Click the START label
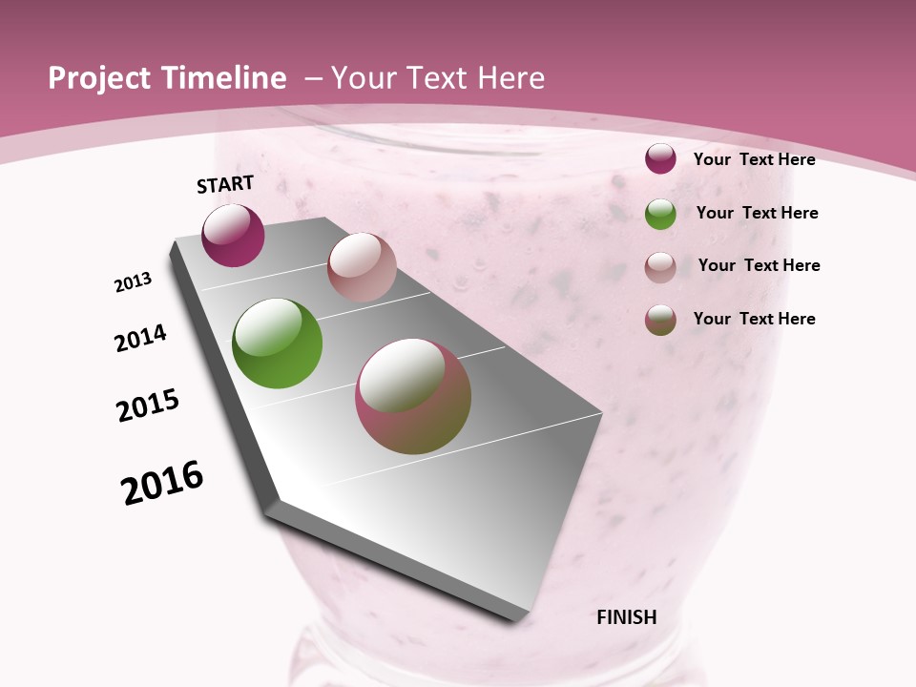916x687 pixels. pyautogui.click(x=225, y=184)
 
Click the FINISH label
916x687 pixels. pyautogui.click(x=627, y=617)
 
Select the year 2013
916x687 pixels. pyautogui.click(x=134, y=282)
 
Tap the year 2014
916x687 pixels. pyautogui.click(x=141, y=339)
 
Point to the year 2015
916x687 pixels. pyautogui.click(x=148, y=406)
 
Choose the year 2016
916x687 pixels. pyautogui.click(x=162, y=483)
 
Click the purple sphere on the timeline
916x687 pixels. pyautogui.click(x=233, y=235)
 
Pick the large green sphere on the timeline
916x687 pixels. pyautogui.click(x=278, y=343)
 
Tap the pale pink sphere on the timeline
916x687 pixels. pyautogui.click(x=362, y=267)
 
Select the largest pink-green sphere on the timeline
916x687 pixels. pyautogui.click(x=413, y=396)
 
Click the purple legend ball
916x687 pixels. pyautogui.click(x=660, y=159)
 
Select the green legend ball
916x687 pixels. pyautogui.click(x=660, y=214)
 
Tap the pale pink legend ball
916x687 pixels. pyautogui.click(x=660, y=267)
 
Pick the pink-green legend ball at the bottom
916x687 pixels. pyautogui.click(x=660, y=320)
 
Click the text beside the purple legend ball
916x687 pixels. pyautogui.click(x=754, y=159)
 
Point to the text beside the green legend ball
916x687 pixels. pyautogui.click(x=757, y=213)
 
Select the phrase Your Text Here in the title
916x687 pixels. pyautogui.click(x=437, y=78)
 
